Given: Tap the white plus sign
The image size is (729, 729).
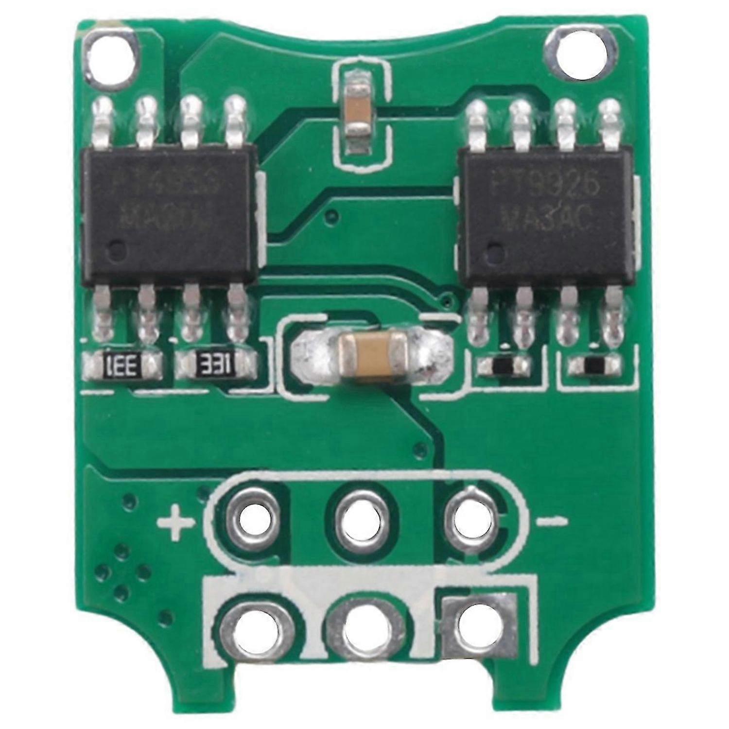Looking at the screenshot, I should pos(175,523).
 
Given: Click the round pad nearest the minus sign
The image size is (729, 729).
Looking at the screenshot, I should pos(470,519).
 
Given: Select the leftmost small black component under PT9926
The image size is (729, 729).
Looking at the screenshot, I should pos(502,364).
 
